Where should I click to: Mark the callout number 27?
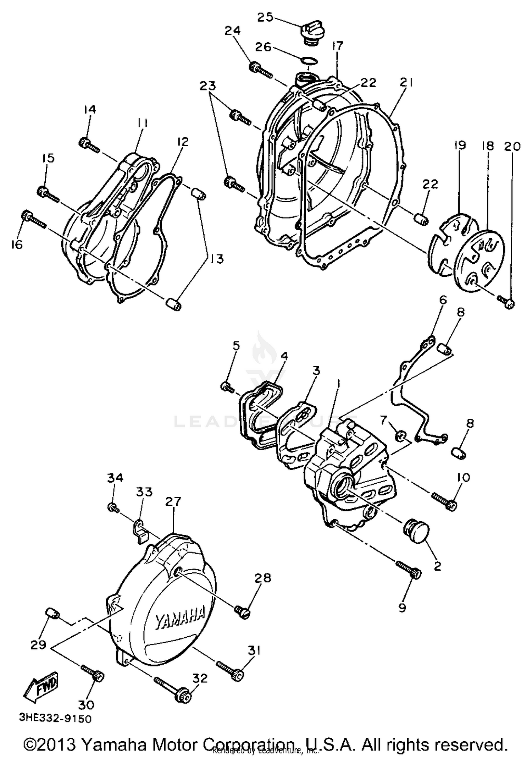[173, 501]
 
